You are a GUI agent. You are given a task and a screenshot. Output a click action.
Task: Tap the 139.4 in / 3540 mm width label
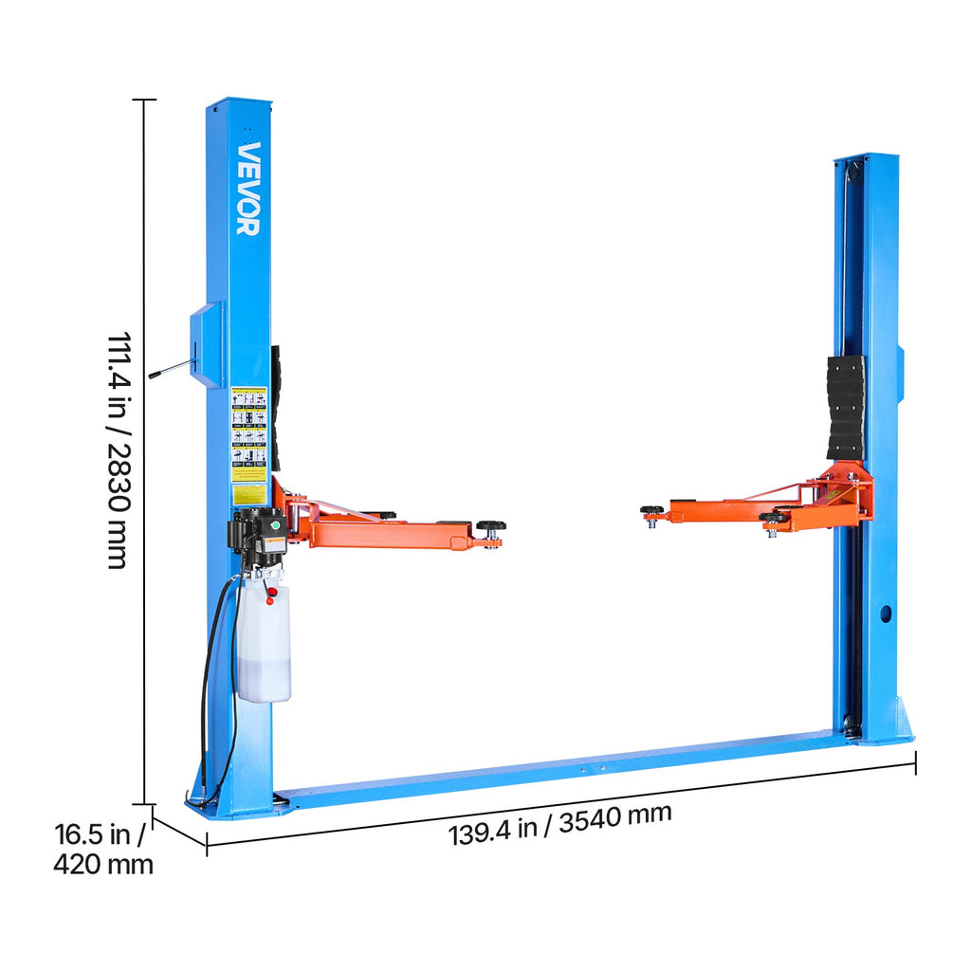point(560,823)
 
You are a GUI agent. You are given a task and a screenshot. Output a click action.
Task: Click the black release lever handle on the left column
point(170,370)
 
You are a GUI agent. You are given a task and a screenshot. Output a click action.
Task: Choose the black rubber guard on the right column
point(846,408)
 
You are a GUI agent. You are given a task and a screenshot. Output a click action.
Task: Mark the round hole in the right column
point(886,614)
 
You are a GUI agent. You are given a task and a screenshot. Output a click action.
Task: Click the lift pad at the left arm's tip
point(491,526)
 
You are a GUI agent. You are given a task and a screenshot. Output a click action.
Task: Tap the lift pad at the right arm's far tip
point(651,511)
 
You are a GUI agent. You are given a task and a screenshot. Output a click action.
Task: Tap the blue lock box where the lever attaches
point(208,344)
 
